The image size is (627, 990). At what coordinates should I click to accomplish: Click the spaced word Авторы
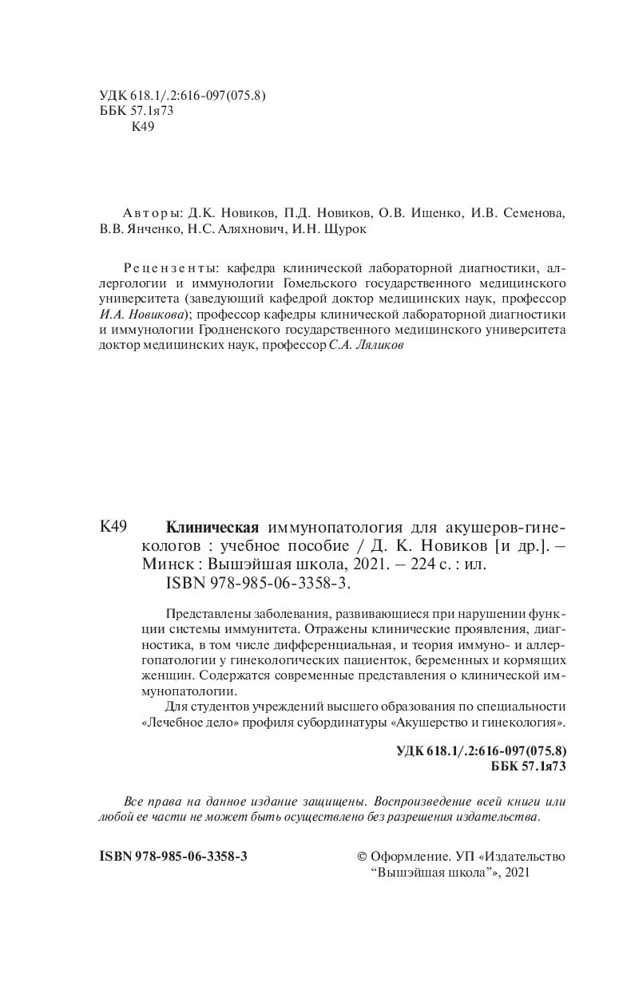153,214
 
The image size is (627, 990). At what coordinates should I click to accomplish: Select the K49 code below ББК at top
141,127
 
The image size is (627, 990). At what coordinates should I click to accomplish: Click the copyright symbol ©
362,856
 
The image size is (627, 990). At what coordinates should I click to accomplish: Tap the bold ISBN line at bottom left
173,856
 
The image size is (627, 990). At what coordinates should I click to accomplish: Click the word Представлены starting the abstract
210,614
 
